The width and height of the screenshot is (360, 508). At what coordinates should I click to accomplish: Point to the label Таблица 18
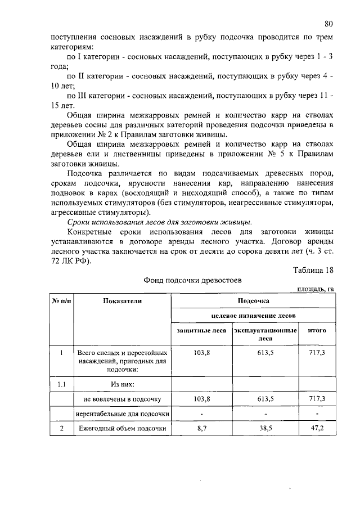click(x=313, y=269)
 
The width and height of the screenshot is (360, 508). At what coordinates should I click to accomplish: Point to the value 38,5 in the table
click(x=265, y=428)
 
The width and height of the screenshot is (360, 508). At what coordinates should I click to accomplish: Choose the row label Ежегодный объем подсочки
click(x=122, y=428)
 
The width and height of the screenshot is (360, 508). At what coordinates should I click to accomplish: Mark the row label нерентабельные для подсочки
click(x=122, y=414)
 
